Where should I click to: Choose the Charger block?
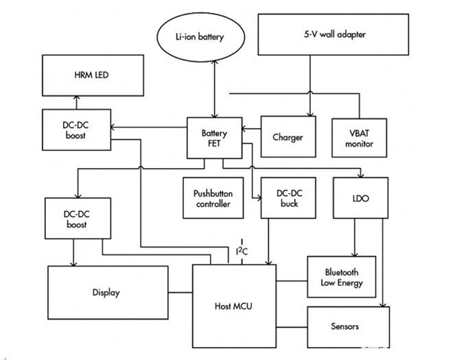point(287,137)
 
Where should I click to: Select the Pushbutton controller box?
point(213,199)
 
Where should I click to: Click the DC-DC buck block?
point(288,199)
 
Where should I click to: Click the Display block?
point(106,293)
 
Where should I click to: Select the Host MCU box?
point(233,305)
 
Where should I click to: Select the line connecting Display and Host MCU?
point(180,293)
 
